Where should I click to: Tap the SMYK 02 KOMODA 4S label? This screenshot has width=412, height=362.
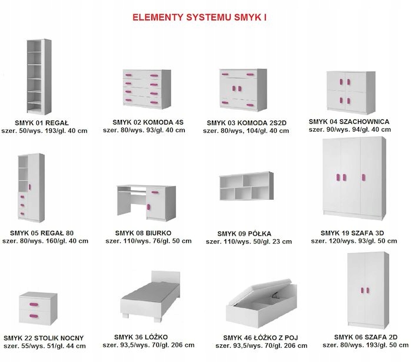tap(148, 122)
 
